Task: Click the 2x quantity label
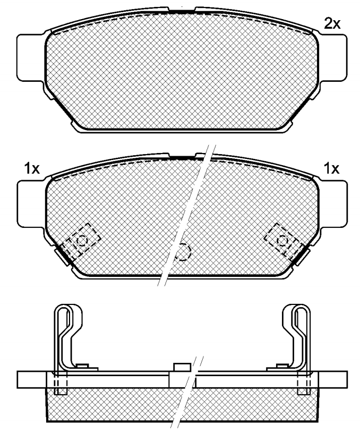pos(332,24)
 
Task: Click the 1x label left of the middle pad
pos(32,168)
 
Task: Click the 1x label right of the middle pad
pos(331,168)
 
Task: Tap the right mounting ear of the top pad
pos(333,58)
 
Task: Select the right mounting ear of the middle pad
pos(333,204)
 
